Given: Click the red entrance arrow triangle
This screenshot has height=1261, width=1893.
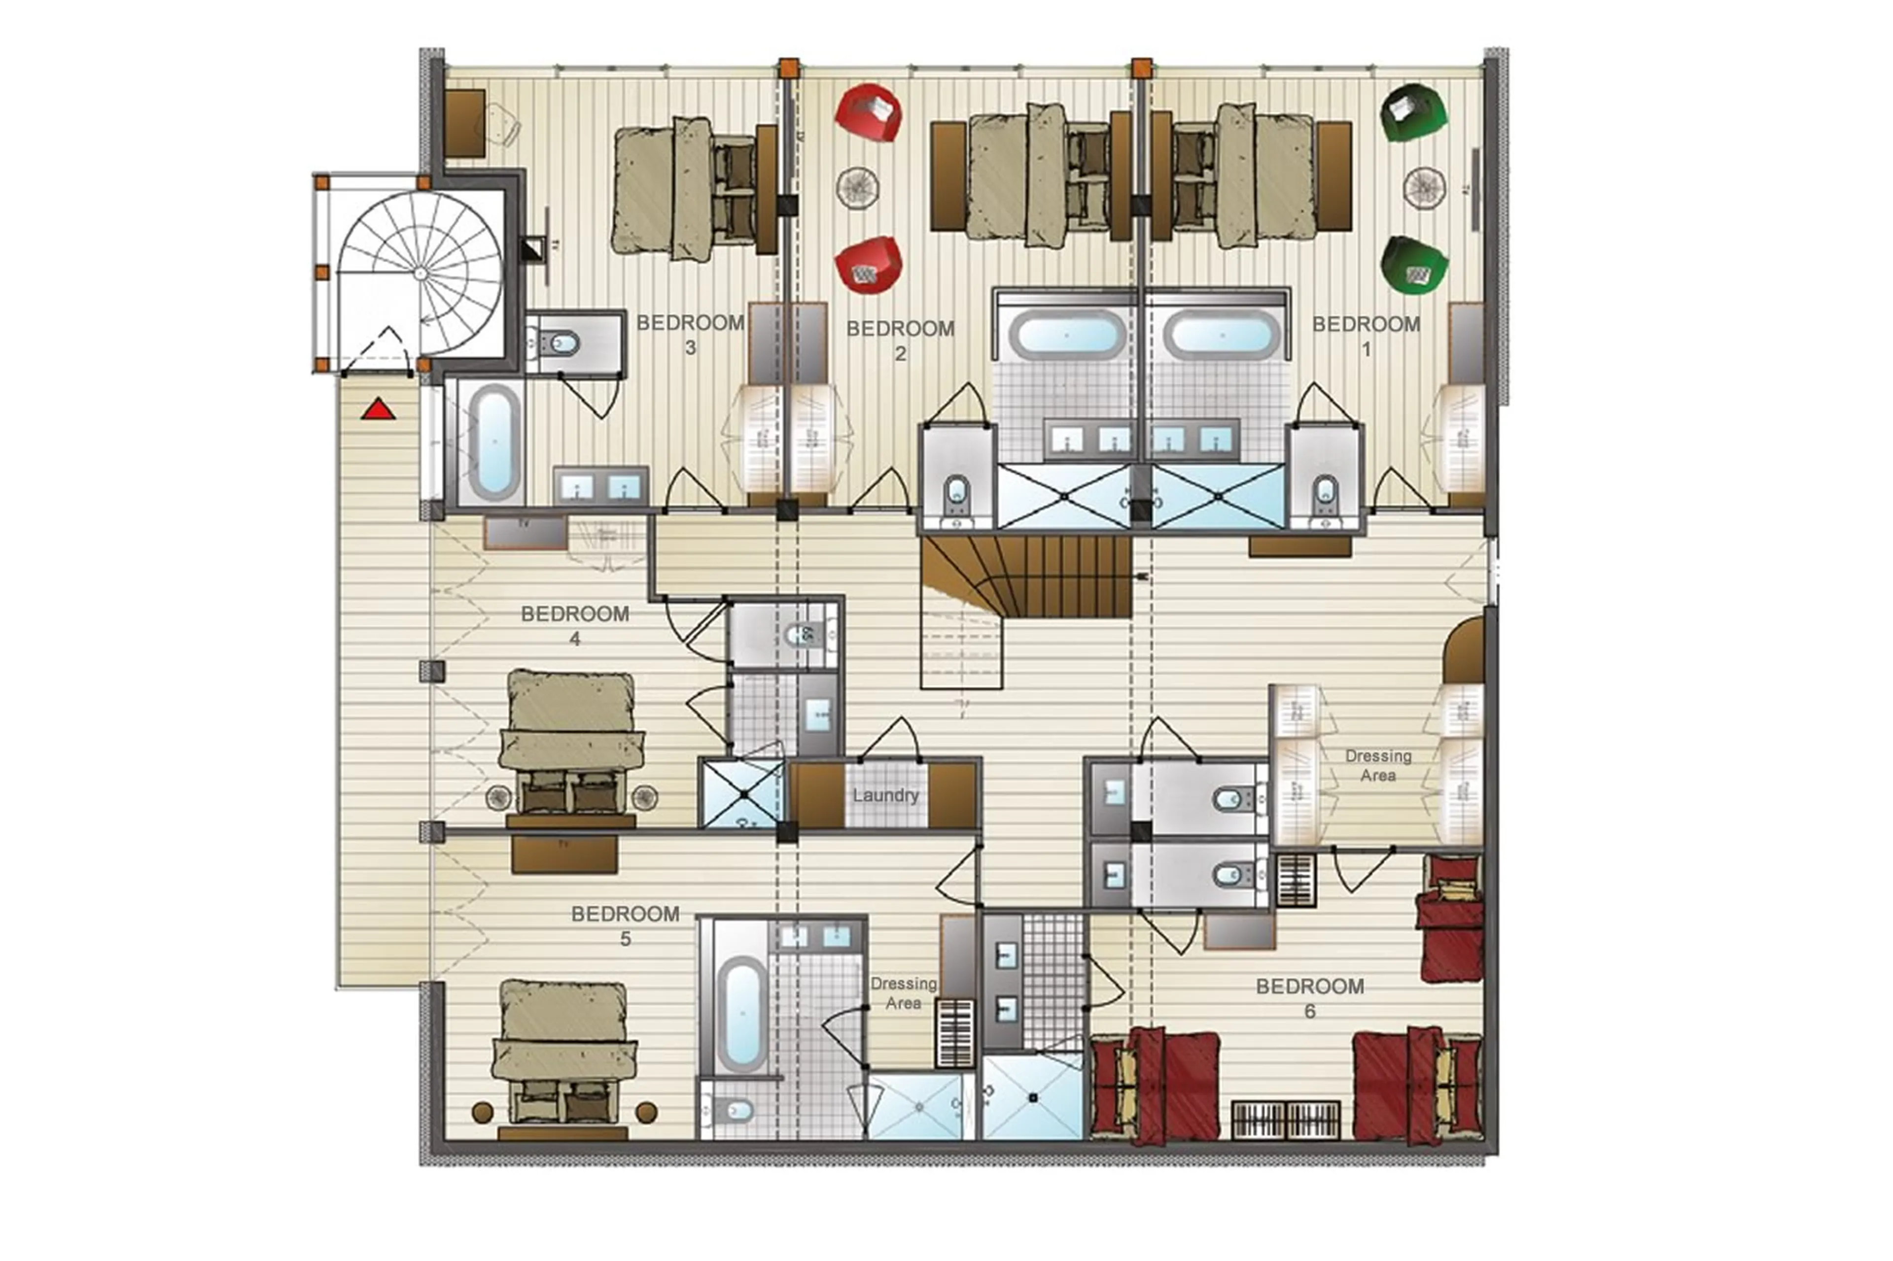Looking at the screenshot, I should click(x=378, y=411).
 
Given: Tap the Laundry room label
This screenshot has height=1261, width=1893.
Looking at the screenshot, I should click(x=885, y=795).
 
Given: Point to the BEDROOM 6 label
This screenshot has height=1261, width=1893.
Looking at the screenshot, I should click(x=1310, y=998).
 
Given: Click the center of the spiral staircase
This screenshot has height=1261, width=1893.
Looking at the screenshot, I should click(x=420, y=273).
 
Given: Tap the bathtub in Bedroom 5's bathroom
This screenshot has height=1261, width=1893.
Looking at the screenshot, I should click(x=741, y=1013).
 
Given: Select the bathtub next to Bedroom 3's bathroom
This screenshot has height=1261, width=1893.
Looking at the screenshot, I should click(x=493, y=442).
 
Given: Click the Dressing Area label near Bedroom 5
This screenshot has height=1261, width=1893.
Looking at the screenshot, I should click(x=903, y=993).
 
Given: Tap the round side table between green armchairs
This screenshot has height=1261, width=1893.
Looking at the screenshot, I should click(x=1425, y=187).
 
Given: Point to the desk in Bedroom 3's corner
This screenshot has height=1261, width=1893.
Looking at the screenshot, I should click(x=465, y=123).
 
